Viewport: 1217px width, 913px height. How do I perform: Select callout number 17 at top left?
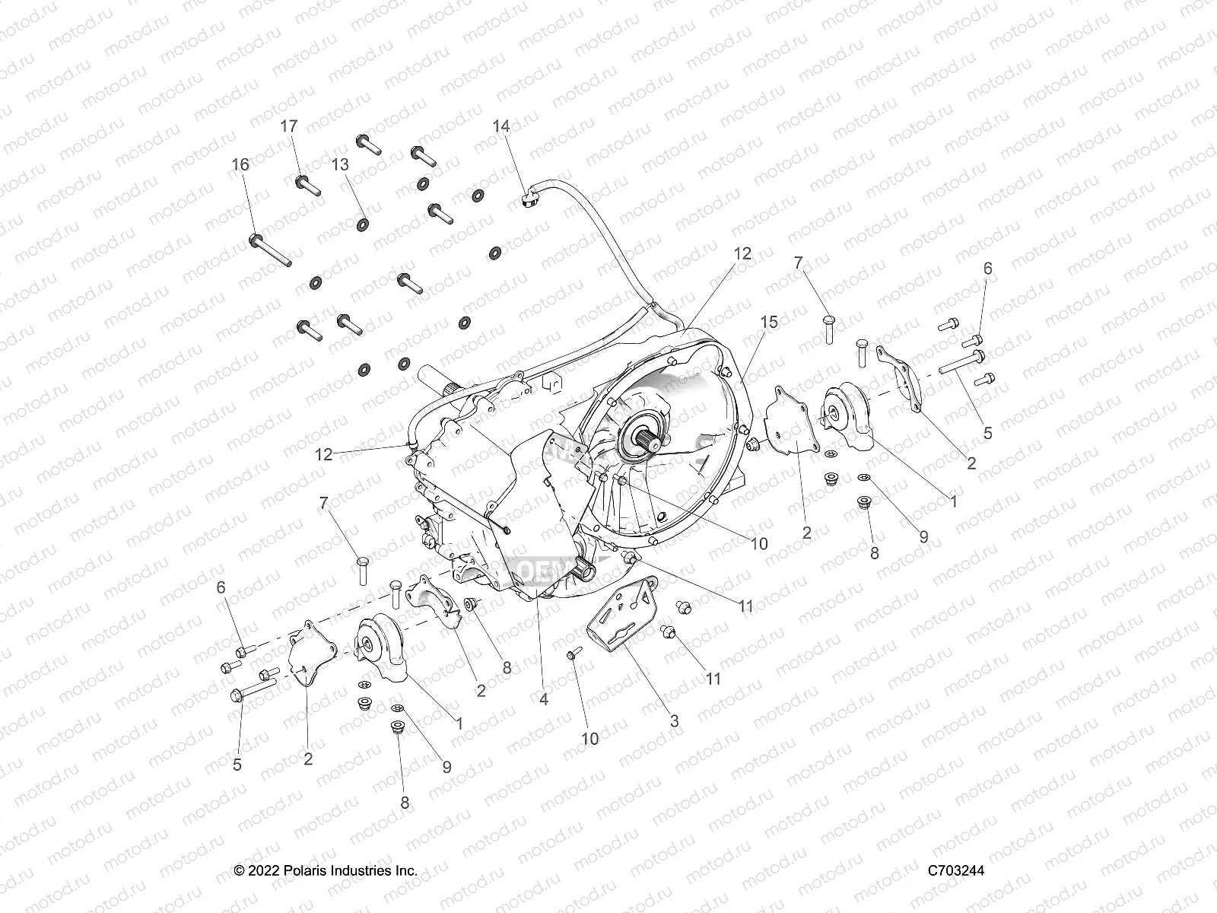(x=289, y=126)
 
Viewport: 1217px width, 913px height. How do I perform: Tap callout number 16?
(x=240, y=164)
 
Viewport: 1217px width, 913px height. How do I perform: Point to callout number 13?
(x=340, y=164)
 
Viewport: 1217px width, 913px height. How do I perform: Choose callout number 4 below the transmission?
(x=543, y=698)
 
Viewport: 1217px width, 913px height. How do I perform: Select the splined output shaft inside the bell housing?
(x=645, y=439)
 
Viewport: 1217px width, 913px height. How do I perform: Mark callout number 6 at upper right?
(x=987, y=268)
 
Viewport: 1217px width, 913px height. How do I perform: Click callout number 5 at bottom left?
(x=237, y=764)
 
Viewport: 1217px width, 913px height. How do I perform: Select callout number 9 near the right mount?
(x=923, y=536)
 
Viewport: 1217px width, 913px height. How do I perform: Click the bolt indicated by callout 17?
(x=308, y=184)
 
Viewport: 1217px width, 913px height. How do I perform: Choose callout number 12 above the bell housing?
(x=742, y=253)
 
